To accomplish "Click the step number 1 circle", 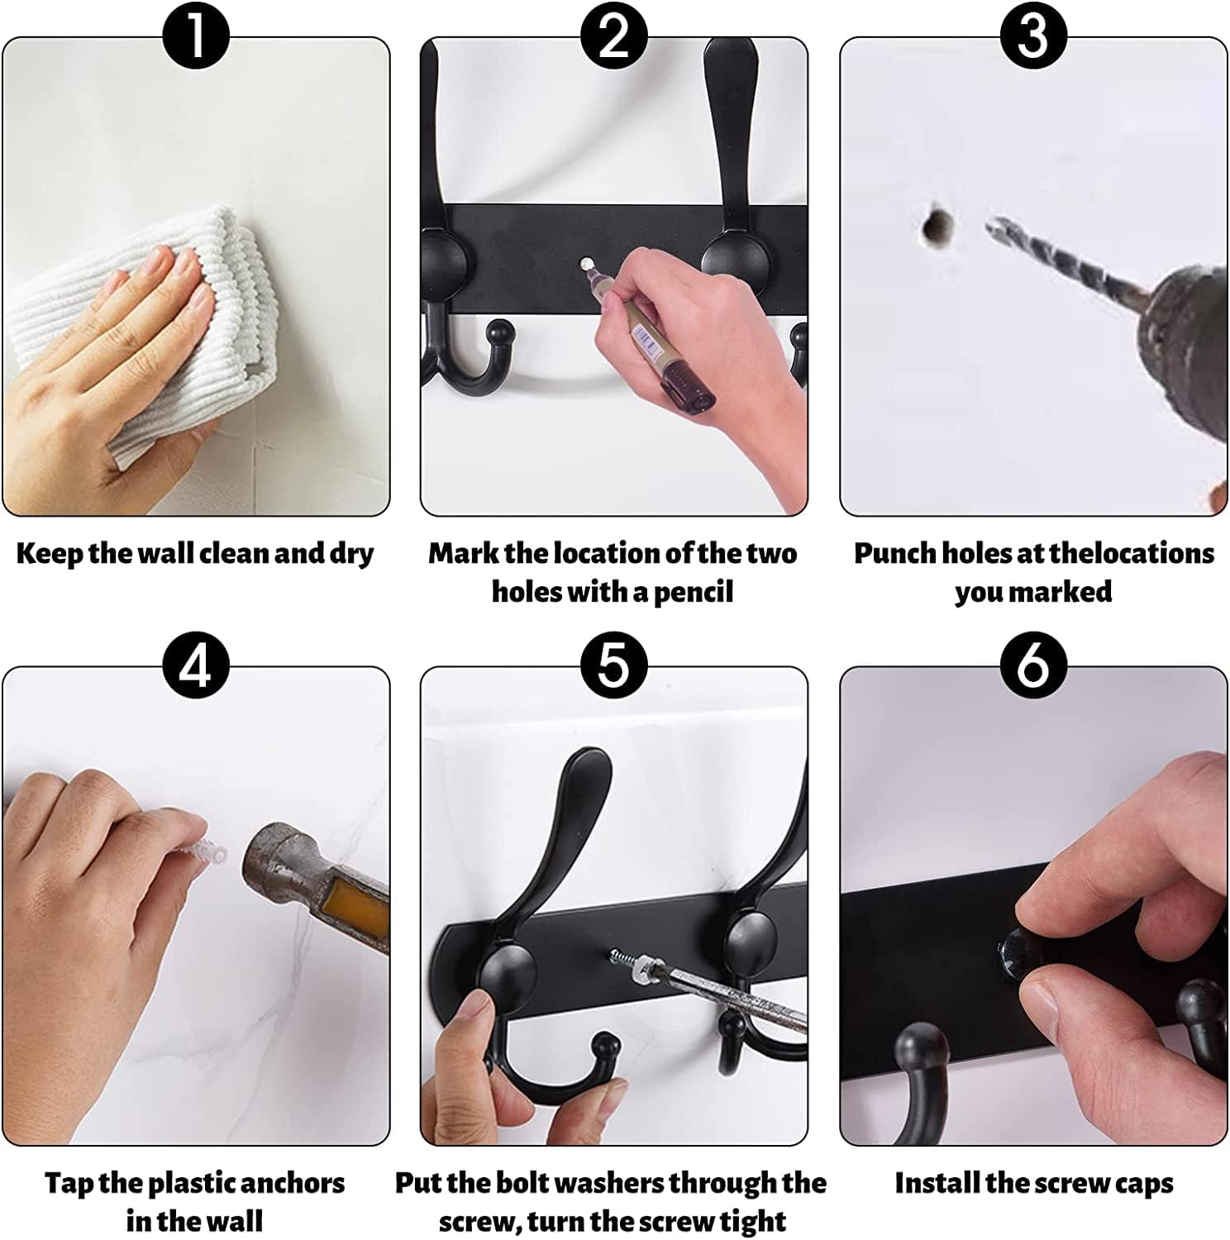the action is [x=196, y=36].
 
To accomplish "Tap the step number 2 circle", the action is [x=613, y=36].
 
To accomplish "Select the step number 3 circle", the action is [x=1033, y=36].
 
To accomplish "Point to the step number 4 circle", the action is [x=196, y=665].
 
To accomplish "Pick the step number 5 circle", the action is [x=613, y=665].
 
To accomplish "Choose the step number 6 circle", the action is [x=1033, y=665].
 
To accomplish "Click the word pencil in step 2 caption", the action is [x=693, y=592].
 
